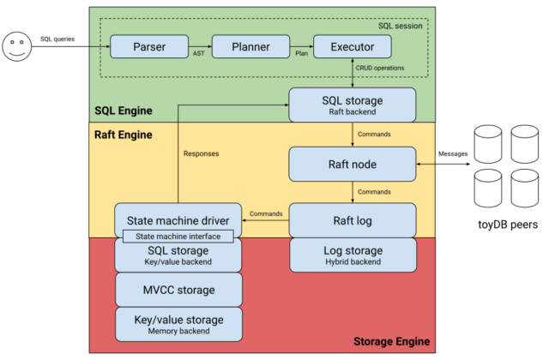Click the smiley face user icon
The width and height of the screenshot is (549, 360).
click(16, 46)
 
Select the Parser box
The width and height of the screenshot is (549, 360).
click(149, 46)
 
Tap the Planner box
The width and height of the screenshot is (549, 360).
click(251, 46)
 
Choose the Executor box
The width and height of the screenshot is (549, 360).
click(353, 46)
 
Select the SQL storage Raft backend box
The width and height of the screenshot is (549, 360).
click(353, 105)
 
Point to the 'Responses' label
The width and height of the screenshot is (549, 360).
click(202, 154)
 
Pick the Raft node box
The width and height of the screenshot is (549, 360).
click(353, 163)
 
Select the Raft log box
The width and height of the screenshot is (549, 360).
click(353, 219)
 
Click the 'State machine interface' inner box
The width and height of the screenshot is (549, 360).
click(179, 237)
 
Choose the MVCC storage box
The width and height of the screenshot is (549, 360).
click(179, 289)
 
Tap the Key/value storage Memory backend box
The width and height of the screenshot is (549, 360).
click(179, 324)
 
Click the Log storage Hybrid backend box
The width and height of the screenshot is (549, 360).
click(353, 255)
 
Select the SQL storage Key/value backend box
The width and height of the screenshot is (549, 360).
click(179, 255)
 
